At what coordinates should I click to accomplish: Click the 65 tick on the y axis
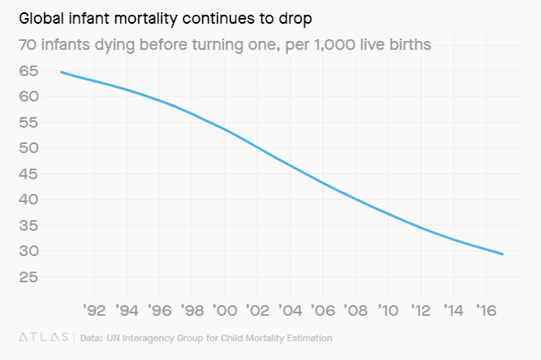(29, 71)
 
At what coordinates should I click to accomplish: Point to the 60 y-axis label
(29, 97)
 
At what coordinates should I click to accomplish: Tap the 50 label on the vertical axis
(29, 148)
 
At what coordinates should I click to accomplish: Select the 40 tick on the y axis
(29, 200)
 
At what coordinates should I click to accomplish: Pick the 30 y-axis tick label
(29, 251)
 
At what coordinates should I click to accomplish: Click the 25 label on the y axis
(29, 277)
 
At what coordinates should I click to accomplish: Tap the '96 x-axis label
(159, 311)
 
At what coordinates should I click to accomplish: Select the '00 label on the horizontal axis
(224, 311)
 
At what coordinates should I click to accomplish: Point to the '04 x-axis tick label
(290, 311)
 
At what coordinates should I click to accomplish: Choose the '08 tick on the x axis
(355, 311)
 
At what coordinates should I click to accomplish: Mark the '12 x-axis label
(421, 311)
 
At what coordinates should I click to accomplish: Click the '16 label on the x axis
(486, 311)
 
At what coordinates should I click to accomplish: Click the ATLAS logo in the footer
(43, 337)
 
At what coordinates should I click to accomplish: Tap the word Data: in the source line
(91, 337)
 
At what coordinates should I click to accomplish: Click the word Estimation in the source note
(309, 337)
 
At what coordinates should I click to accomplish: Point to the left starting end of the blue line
(61, 72)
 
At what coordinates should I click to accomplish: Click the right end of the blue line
(503, 254)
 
